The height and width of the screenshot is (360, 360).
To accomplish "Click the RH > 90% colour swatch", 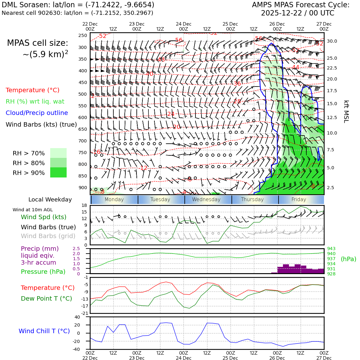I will coord(58,173).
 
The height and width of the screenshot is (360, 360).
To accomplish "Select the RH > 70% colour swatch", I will coord(58,153).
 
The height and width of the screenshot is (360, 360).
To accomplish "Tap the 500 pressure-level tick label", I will coord(82,94).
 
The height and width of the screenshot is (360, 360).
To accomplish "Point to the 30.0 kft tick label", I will coord(332,41).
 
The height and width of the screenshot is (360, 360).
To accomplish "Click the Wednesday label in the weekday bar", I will coord(206,200).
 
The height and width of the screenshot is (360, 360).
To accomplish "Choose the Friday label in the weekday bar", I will coord(299,200).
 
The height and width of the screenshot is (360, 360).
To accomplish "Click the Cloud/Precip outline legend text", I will coord(37,113).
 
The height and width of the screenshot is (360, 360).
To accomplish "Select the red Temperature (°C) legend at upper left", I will coord(33,90).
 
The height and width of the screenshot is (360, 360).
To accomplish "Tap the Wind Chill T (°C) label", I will coord(44,331).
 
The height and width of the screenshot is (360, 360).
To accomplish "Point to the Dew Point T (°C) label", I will coord(46,298).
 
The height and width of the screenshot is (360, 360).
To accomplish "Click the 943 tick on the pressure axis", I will coord(331,249).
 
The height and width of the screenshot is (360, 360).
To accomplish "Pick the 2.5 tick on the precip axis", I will coord(76,249).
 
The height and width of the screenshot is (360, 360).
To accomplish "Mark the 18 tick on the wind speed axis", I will coord(84,205).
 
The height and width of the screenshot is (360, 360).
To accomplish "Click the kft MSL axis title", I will coord(346,111).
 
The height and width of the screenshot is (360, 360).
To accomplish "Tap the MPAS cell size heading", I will coord(38,43).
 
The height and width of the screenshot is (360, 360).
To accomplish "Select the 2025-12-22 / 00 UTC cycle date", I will coord(297,13).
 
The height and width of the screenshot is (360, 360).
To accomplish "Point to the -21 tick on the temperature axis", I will coord(85,313).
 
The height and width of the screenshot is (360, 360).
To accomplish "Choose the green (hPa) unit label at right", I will coord(348,259).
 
